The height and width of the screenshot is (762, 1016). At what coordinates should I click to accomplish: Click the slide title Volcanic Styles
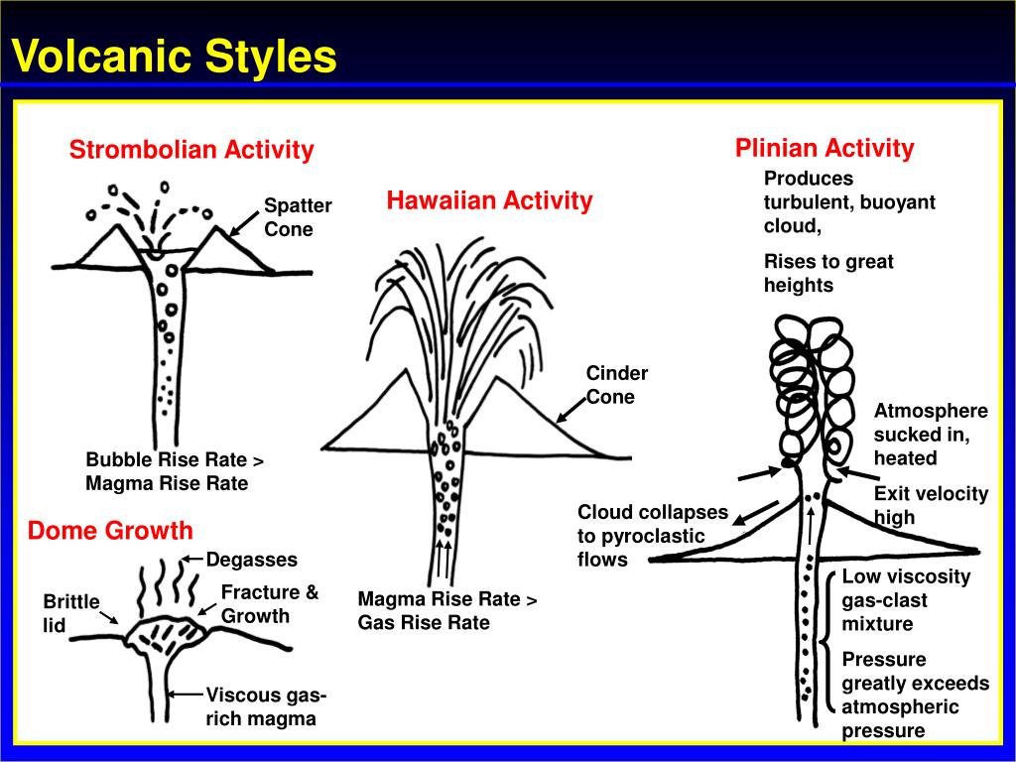click(174, 57)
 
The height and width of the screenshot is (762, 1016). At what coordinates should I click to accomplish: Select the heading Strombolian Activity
click(191, 150)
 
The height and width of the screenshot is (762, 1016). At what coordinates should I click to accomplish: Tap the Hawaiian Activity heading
click(489, 200)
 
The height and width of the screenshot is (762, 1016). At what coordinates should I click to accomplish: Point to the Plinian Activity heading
click(825, 149)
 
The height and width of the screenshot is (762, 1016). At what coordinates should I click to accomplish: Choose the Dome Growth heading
click(110, 530)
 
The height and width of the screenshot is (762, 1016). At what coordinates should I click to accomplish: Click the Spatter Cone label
click(297, 217)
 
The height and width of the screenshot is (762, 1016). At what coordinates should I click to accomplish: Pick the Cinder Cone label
click(616, 385)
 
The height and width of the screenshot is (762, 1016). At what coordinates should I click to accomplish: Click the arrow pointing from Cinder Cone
click(571, 410)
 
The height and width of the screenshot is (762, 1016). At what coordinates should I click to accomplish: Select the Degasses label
click(251, 560)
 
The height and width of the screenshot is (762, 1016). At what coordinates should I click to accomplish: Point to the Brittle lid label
click(70, 613)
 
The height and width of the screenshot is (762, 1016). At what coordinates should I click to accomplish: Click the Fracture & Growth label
click(269, 604)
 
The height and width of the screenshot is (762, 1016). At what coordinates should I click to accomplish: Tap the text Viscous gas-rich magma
click(266, 706)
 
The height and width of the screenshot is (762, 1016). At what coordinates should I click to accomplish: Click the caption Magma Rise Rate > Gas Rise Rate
click(446, 611)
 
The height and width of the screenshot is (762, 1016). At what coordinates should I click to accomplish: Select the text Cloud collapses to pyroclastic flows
click(652, 536)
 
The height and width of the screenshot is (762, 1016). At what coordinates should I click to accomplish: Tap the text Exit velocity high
click(931, 505)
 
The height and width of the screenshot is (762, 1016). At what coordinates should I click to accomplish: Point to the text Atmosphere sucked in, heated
click(930, 435)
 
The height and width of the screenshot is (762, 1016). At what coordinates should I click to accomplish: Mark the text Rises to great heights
click(827, 274)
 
